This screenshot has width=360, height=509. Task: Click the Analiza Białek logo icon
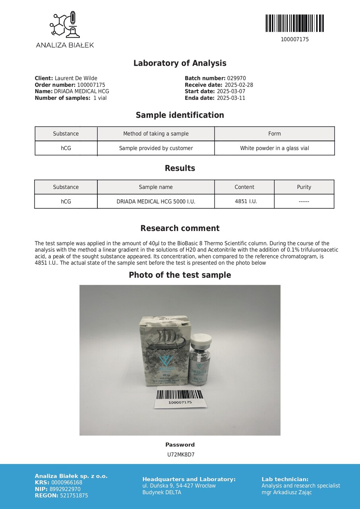pos(65,25)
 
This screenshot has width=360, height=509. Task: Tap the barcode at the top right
pos(294,23)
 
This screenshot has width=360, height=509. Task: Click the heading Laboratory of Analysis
pos(180,63)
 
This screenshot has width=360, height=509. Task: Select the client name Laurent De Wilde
pos(76,78)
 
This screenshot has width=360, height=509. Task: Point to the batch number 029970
pos(236,78)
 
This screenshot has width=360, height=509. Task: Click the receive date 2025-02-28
pos(239,85)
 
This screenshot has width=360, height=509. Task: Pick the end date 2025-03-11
pos(231,98)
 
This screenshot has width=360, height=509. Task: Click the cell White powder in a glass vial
pos(274,148)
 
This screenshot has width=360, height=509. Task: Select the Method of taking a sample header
pos(156,134)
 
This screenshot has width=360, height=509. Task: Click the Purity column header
pos(304,187)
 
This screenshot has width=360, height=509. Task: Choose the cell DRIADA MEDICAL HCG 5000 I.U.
pos(156,202)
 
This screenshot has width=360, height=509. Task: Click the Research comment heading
pos(180,228)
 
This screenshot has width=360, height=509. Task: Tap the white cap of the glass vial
pos(201,339)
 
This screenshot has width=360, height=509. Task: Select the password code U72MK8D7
pos(181,455)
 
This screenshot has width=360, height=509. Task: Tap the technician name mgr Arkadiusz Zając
pos(286,492)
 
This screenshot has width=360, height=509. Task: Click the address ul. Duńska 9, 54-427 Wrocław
pos(179,486)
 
